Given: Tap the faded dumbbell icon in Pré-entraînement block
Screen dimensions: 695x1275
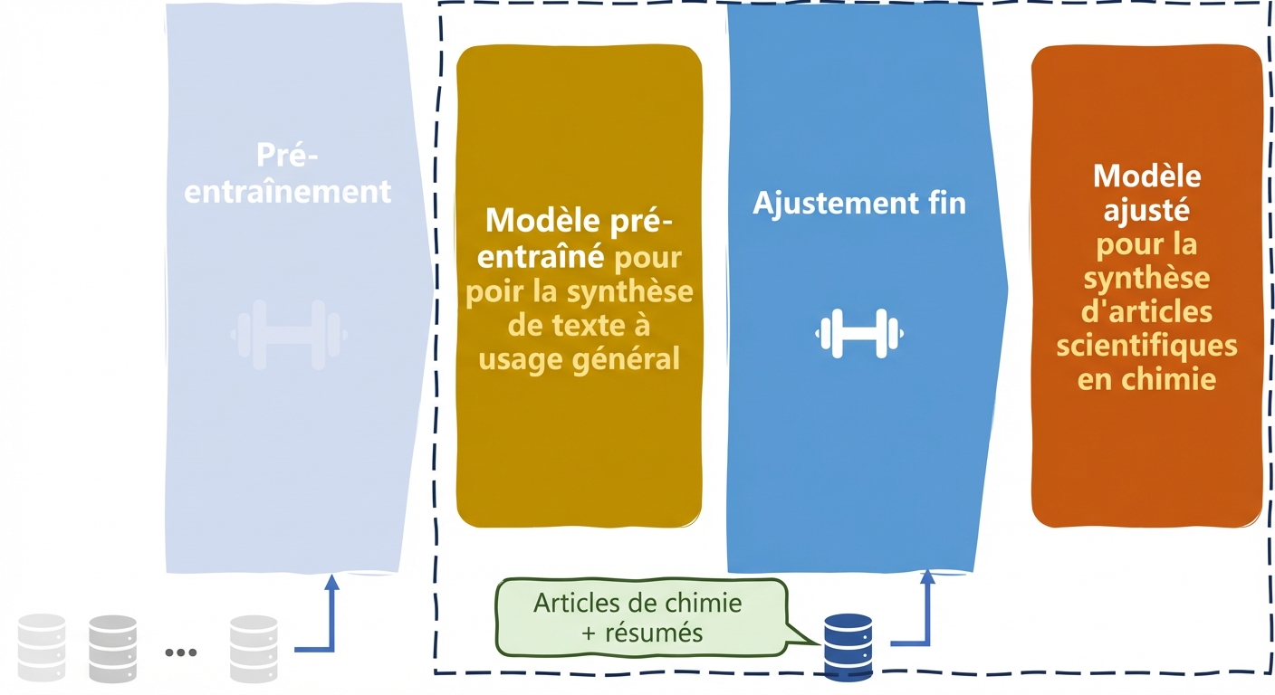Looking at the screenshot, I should coord(289,334).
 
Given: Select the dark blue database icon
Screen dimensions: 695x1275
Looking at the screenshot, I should coord(848,644).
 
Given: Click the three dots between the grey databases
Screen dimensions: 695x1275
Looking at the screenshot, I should coord(181,652).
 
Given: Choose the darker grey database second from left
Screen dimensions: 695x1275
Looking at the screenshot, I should coord(112,648).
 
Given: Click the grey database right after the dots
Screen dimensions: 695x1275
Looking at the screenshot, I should coord(254,648).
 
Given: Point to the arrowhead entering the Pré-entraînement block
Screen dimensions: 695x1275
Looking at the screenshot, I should coord(332,582).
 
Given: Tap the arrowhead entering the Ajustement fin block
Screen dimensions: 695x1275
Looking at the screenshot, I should coord(927,578).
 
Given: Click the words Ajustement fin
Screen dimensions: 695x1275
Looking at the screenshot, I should coord(858,203).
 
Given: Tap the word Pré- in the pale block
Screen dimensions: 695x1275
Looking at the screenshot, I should coord(287,155).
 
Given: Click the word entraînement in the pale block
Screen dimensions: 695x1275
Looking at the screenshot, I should coord(287,192).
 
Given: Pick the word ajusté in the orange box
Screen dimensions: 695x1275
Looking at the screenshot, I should coord(1146,210).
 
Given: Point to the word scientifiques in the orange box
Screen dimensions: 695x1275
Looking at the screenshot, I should coord(1146,345).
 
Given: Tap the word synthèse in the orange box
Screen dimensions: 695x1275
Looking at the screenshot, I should coord(1146,278).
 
